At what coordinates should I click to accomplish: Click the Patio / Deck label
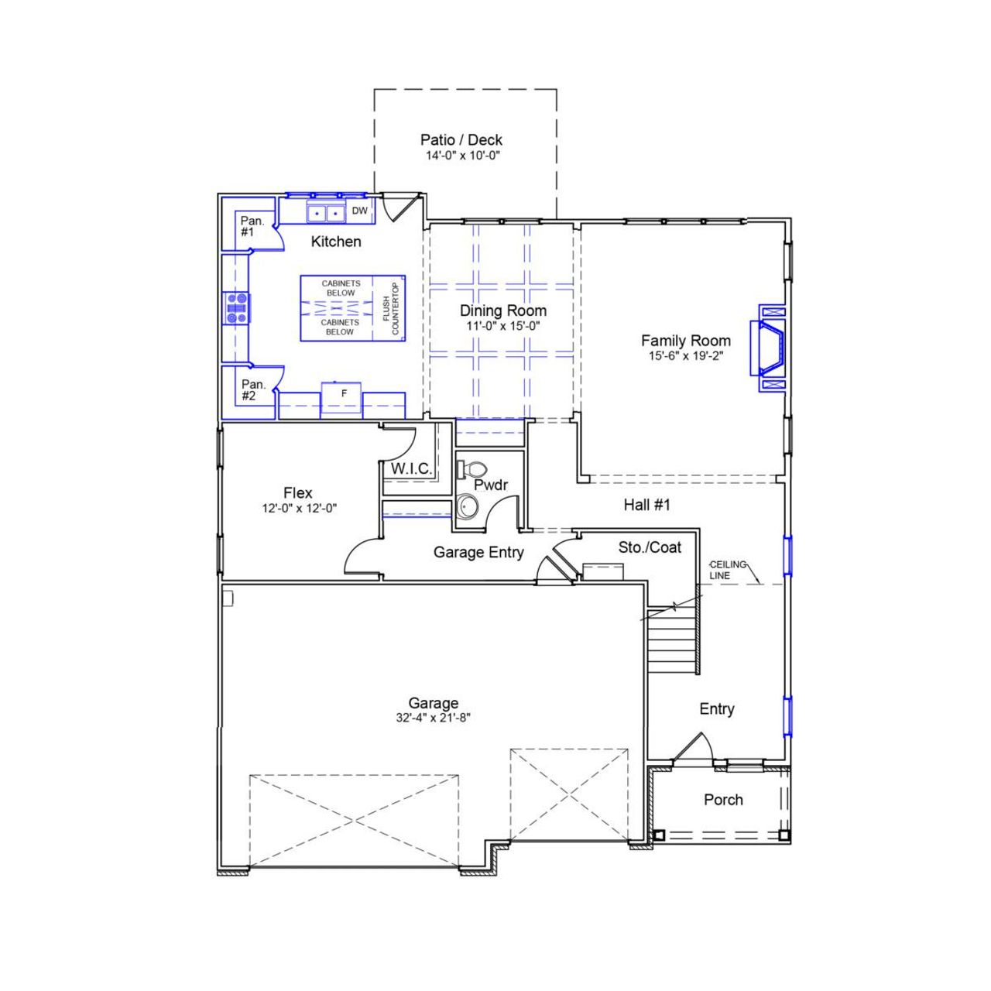[461, 140]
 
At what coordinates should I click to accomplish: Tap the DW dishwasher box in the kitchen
[360, 211]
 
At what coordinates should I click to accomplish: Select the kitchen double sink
[325, 212]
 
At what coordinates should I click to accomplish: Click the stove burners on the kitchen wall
[236, 307]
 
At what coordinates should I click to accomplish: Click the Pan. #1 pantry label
[252, 226]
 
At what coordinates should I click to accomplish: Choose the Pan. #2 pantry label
[252, 390]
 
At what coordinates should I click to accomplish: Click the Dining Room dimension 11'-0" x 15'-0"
[503, 326]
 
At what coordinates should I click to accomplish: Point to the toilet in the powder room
[472, 468]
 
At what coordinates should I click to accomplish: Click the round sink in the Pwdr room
[467, 508]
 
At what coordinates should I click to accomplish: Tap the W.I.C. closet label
[411, 469]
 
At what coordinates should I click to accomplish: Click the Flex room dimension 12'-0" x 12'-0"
[299, 509]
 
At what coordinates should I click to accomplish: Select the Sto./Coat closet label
[650, 547]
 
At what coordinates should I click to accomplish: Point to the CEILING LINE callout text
[728, 570]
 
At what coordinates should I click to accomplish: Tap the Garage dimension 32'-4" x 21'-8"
[434, 718]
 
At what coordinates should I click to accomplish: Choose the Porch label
[723, 800]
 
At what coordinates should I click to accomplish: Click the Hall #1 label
[646, 505]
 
